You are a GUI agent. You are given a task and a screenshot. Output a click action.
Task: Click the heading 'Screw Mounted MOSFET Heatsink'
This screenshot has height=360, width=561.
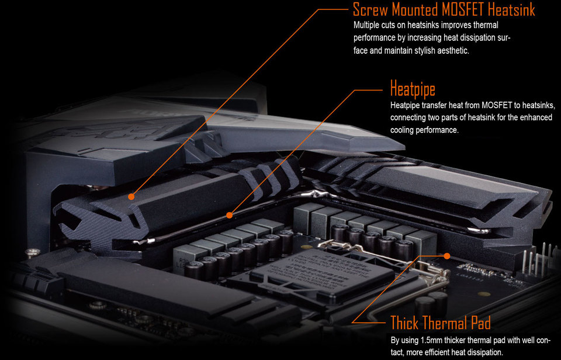pyautogui.click(x=444, y=9)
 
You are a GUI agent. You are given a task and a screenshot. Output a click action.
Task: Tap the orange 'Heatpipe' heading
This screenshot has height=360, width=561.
pyautogui.click(x=413, y=89)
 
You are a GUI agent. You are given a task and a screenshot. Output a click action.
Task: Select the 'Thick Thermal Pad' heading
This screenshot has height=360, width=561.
pyautogui.click(x=440, y=323)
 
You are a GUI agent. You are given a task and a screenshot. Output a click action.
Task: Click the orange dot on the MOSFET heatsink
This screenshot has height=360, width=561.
pyautogui.click(x=131, y=196)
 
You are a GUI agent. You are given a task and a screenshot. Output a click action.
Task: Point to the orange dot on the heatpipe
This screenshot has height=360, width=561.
pyautogui.click(x=229, y=215)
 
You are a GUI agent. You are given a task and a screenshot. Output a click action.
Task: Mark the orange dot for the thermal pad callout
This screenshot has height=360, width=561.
pyautogui.click(x=447, y=256)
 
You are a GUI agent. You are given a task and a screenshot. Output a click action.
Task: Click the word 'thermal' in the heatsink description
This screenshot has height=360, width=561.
pyautogui.click(x=486, y=25)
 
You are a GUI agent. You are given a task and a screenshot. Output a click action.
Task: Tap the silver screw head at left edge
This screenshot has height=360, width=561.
pyautogui.click(x=33, y=252)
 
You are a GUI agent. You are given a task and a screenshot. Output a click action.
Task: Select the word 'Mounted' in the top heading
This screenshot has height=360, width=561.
pyautogui.click(x=413, y=9)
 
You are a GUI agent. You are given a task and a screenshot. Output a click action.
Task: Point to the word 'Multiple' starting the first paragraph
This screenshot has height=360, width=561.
pyautogui.click(x=366, y=25)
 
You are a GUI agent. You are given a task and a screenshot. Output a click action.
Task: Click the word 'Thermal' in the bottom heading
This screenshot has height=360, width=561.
pyautogui.click(x=448, y=323)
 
